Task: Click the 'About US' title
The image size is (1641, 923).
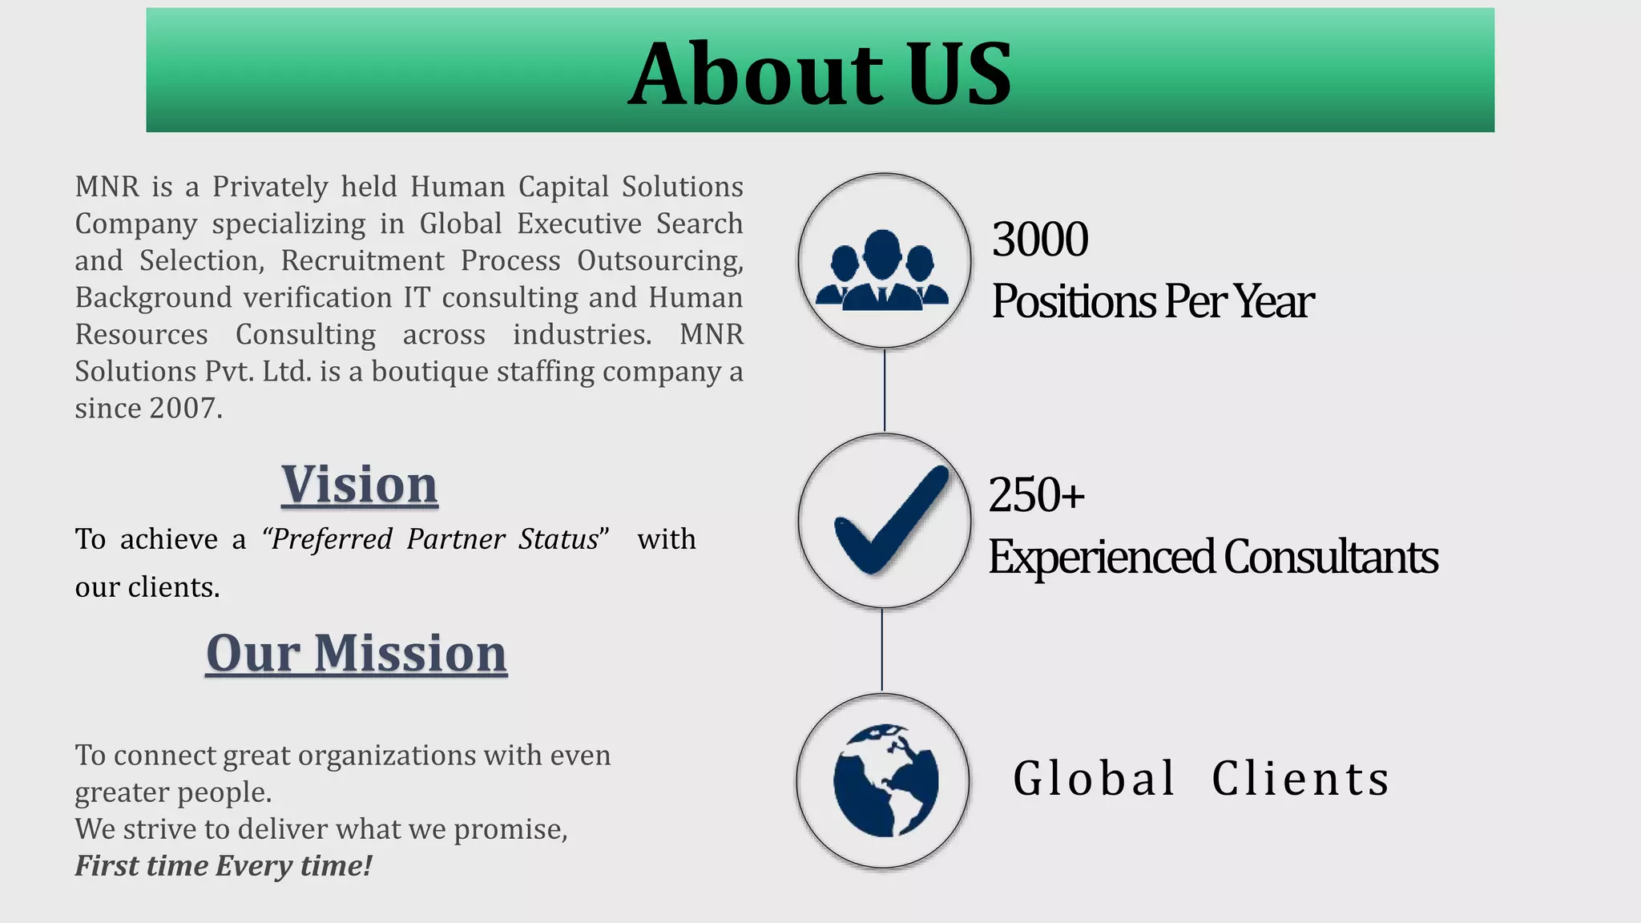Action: pos(820,74)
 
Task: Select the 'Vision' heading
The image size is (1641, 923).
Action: pos(360,485)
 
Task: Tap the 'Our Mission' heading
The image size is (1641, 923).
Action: pos(357,653)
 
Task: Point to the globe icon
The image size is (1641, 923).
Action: pos(885,781)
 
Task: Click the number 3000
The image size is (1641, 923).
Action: pos(1040,239)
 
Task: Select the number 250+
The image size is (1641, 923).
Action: pos(1036,494)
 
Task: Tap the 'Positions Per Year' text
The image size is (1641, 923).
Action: pos(1152,301)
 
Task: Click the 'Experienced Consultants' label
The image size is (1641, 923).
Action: pos(1213,557)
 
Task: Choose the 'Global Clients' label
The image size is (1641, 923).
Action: pos(1201,779)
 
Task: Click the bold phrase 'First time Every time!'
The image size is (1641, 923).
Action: pos(224,866)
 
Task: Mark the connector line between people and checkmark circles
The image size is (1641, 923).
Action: pos(885,391)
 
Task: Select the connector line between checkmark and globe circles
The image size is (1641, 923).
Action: pos(882,650)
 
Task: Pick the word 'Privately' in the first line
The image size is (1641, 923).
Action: pos(270,187)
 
